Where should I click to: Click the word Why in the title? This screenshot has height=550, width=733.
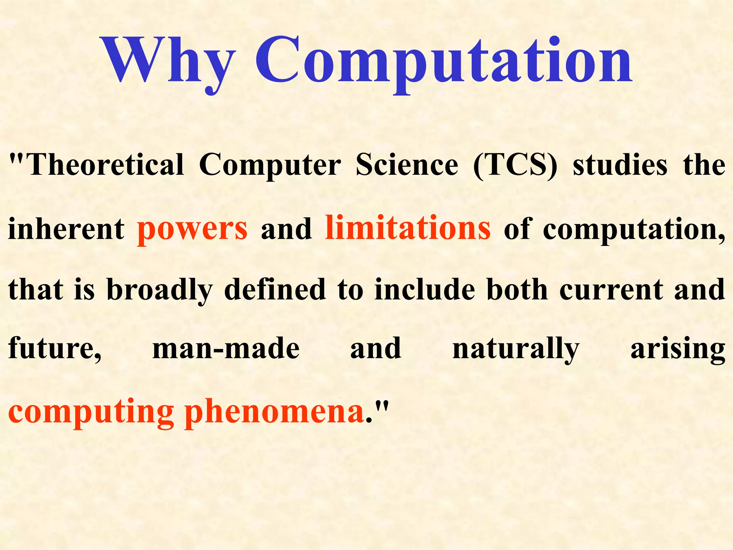tap(168, 61)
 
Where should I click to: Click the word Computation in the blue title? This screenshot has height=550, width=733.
tap(444, 61)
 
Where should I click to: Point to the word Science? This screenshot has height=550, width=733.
tap(407, 165)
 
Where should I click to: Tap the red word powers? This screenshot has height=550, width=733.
tap(192, 229)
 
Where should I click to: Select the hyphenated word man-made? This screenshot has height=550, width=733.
tap(226, 349)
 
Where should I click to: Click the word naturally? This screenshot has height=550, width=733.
tap(516, 349)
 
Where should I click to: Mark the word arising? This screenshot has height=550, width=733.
tap(678, 349)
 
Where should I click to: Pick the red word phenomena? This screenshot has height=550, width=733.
tap(274, 412)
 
